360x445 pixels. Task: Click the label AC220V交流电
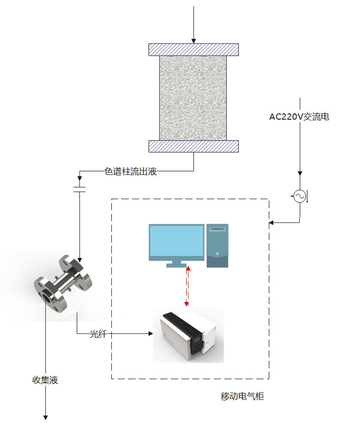pyautogui.click(x=299, y=117)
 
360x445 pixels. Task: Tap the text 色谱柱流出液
pyautogui.click(x=130, y=171)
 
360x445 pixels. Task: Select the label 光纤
pyautogui.click(x=98, y=334)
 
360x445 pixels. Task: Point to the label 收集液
pyautogui.click(x=45, y=380)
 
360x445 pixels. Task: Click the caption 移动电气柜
pyautogui.click(x=242, y=396)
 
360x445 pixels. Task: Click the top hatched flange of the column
pyautogui.click(x=193, y=50)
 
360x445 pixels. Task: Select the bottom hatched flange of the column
pyautogui.click(x=193, y=146)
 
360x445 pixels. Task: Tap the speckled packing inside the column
pyautogui.click(x=193, y=98)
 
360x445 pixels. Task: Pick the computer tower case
pyautogui.click(x=217, y=245)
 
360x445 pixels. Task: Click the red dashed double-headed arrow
pyautogui.click(x=187, y=286)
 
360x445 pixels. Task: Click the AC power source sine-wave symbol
pyautogui.click(x=300, y=196)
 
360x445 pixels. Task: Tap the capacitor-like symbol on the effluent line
pyautogui.click(x=79, y=189)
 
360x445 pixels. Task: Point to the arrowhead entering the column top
pyautogui.click(x=193, y=41)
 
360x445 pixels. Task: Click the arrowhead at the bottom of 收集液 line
pyautogui.click(x=45, y=417)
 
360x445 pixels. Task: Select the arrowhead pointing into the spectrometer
pyautogui.click(x=151, y=333)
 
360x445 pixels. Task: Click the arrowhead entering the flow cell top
pyautogui.click(x=79, y=260)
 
